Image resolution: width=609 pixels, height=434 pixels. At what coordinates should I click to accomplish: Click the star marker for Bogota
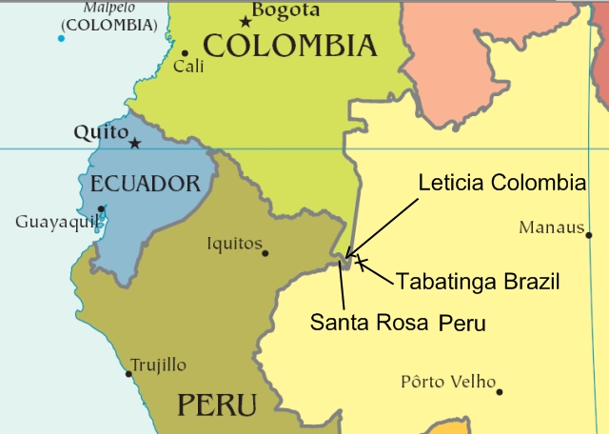(246, 21)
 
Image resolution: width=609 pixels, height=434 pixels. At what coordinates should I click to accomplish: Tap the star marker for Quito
(135, 144)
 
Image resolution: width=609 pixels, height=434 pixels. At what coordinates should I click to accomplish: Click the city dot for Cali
(185, 53)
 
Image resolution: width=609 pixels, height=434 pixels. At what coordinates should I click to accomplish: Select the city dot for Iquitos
(265, 253)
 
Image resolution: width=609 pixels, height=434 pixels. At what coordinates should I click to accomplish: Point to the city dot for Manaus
(589, 235)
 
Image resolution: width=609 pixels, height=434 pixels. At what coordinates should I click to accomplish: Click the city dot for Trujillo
(129, 373)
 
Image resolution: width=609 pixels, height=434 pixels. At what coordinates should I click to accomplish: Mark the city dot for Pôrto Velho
(500, 391)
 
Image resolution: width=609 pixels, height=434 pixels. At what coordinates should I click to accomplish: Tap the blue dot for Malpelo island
(61, 38)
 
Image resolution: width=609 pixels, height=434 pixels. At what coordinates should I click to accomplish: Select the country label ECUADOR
(146, 183)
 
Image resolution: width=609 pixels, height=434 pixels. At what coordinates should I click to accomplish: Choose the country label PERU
(217, 405)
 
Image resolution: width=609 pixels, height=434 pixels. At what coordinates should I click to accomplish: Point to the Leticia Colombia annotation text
(501, 184)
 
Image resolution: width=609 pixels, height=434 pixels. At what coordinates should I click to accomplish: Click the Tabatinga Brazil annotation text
(477, 282)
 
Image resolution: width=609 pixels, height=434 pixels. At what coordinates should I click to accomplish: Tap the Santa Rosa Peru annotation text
(398, 323)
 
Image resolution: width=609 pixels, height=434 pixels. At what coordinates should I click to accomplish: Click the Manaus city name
(550, 227)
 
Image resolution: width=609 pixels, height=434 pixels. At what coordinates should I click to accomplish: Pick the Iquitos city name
(234, 245)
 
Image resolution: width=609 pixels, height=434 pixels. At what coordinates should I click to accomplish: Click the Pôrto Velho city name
(448, 383)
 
